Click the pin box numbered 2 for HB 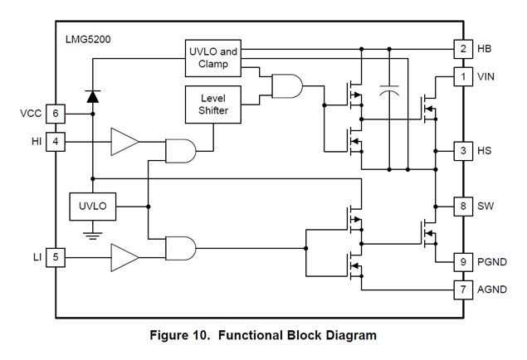coord(462,49)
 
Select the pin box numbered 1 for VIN coord(462,76)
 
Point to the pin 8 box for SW coord(462,206)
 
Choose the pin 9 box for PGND coord(462,262)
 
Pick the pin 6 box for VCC coord(55,114)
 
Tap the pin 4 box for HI coord(55,141)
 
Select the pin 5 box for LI coord(55,258)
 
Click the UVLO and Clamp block coord(212,57)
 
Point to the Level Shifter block coord(212,104)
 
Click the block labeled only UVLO coord(93,205)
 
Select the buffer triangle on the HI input coord(124,142)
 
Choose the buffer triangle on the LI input coord(124,258)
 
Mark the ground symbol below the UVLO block coord(93,236)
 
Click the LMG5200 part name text coord(89,40)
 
